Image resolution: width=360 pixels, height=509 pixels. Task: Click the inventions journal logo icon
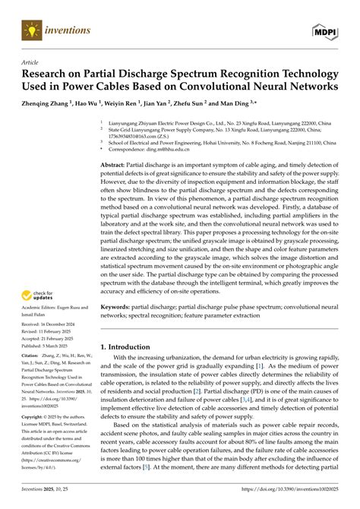pos(30,30)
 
